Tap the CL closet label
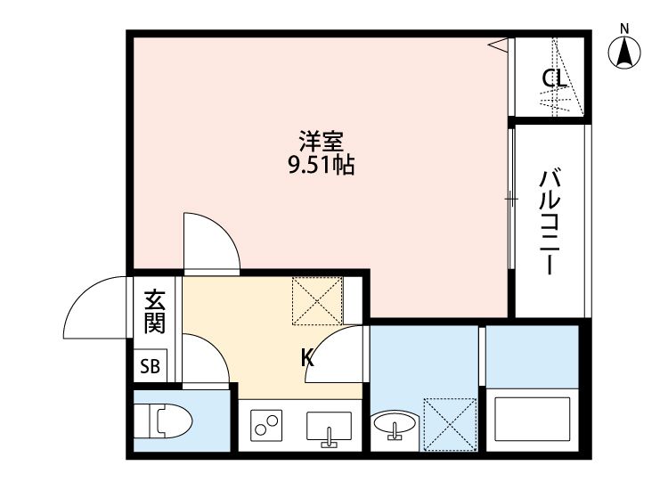(x=554, y=78)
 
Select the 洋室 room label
(x=321, y=142)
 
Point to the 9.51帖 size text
(x=321, y=165)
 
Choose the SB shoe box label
(x=150, y=366)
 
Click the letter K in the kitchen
(x=307, y=358)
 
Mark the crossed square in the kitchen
(x=318, y=300)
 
